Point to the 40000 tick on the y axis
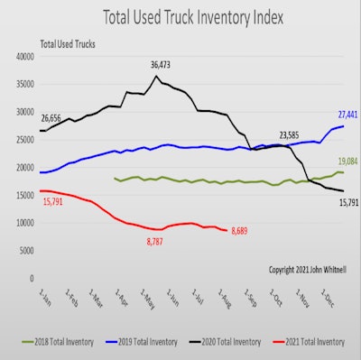coord(23,56)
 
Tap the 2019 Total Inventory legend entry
coord(135,342)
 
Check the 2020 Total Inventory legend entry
coord(218,342)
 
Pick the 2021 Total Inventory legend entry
coord(304,342)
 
